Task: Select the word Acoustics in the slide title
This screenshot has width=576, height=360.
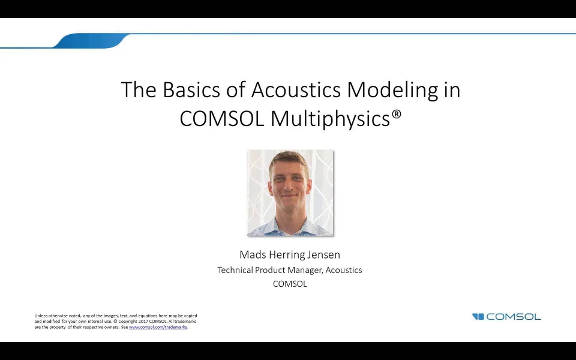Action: [x=296, y=90]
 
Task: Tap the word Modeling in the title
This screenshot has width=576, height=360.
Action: [x=389, y=90]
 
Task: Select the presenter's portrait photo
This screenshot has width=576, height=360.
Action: [x=290, y=193]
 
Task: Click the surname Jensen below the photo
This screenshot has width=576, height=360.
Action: [x=325, y=255]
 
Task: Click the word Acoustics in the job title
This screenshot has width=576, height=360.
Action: [x=344, y=270]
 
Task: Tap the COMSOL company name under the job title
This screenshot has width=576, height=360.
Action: [x=290, y=284]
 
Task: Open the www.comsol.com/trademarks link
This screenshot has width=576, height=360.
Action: [x=158, y=327]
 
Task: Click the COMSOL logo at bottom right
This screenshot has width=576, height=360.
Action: [x=506, y=317]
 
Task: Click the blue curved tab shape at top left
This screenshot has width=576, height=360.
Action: [x=90, y=41]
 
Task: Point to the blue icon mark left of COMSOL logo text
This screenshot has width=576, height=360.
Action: [x=478, y=317]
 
